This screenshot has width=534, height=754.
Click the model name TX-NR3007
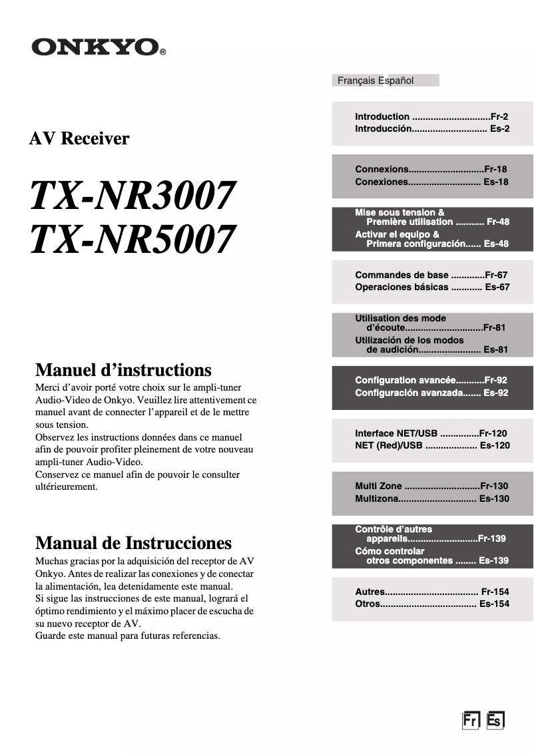point(133,196)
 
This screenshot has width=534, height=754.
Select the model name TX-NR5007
point(133,239)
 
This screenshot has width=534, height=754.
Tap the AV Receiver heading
point(79,138)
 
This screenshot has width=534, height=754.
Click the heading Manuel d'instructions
point(123,370)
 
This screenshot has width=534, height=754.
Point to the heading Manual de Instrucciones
point(133,542)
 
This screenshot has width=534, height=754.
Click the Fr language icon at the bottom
point(471,721)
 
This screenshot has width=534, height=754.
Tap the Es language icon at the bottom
point(495,721)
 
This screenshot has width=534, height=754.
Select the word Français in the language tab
point(357,81)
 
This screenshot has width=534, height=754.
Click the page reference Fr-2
point(499,116)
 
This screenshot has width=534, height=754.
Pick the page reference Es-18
point(495,182)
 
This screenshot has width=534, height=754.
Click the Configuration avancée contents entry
point(405,380)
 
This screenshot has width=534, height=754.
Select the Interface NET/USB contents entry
point(398,433)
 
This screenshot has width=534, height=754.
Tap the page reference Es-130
point(494,498)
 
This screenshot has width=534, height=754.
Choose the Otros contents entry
point(368,604)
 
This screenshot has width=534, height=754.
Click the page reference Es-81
point(495,349)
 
